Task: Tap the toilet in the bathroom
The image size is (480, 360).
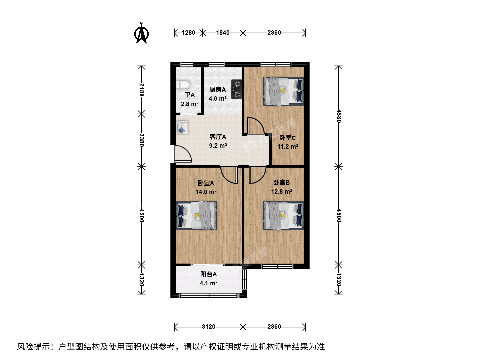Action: pyautogui.click(x=183, y=85)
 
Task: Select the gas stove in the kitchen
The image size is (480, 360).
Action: pyautogui.click(x=237, y=89)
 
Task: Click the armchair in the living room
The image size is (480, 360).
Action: pyautogui.click(x=182, y=128)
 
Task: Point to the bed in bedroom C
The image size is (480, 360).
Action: pyautogui.click(x=284, y=91)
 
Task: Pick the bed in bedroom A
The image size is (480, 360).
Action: pyautogui.click(x=196, y=216)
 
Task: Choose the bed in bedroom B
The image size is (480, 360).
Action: pyautogui.click(x=284, y=216)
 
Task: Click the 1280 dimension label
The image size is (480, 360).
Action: pyautogui.click(x=188, y=33)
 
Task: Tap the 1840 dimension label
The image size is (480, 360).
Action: pyautogui.click(x=223, y=33)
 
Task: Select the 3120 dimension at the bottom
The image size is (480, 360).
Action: pyautogui.click(x=208, y=327)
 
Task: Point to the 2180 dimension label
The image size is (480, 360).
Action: pyautogui.click(x=141, y=90)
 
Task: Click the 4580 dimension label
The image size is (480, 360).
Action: pyautogui.click(x=339, y=116)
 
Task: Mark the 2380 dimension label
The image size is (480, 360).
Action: pyautogui.click(x=141, y=140)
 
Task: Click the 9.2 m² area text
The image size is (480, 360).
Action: pyautogui.click(x=218, y=146)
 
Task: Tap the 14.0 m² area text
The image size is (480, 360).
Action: pyautogui.click(x=206, y=192)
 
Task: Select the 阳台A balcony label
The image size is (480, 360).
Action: pyautogui.click(x=208, y=274)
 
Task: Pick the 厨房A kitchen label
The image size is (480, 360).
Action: pyautogui.click(x=217, y=89)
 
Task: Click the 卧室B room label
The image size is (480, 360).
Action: pyautogui.click(x=281, y=182)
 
